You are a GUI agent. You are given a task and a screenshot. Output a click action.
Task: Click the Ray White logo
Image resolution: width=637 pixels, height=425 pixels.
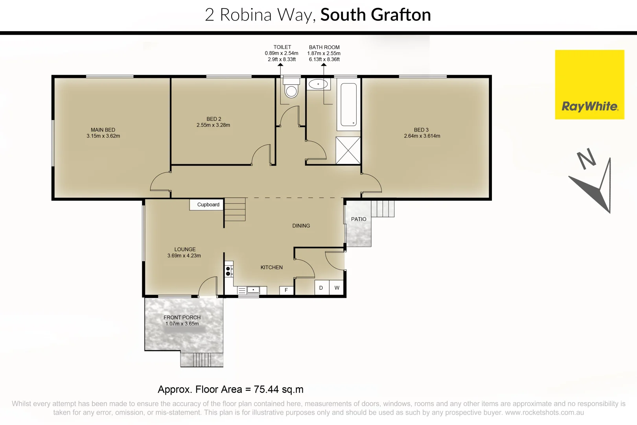tap(589, 85)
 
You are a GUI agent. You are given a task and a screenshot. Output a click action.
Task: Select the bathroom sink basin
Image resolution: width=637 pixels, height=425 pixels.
tap(318, 84)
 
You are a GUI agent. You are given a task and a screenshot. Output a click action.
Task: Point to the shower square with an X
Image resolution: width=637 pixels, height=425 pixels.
tap(348, 150)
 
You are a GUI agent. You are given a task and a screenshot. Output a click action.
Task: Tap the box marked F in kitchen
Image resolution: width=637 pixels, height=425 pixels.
tap(286, 290)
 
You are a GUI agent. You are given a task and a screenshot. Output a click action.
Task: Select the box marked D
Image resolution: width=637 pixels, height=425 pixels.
tap(321, 288)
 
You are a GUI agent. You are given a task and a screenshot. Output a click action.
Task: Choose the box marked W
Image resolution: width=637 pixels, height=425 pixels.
tap(337, 288)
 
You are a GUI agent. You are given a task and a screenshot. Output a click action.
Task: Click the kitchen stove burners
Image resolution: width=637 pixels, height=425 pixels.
tap(228, 271)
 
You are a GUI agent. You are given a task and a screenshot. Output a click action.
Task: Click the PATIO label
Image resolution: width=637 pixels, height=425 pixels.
tap(359, 219)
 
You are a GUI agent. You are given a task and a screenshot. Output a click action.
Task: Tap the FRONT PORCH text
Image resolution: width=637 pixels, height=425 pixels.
tap(182, 318)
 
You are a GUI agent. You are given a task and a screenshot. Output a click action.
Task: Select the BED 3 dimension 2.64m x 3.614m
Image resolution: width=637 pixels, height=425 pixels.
tap(422, 136)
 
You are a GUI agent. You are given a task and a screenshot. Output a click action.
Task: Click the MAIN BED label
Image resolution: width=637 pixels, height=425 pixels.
tap(103, 130)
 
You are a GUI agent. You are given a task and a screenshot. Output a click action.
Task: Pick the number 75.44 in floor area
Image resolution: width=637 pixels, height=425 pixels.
tap(267, 390)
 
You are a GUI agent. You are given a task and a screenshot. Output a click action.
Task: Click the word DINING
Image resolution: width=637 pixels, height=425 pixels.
tap(301, 226)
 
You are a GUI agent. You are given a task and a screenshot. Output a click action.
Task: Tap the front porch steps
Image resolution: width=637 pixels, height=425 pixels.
tap(202, 360)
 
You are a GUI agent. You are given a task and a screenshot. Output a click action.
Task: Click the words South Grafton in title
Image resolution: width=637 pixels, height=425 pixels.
tap(376, 15)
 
